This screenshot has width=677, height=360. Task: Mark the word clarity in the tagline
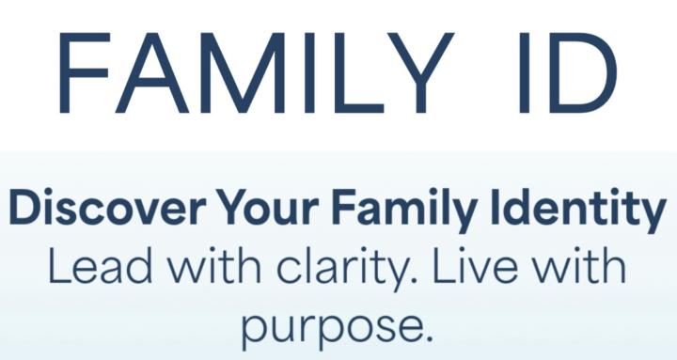tap(310, 269)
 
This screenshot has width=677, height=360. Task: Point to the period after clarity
tap(390, 280)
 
